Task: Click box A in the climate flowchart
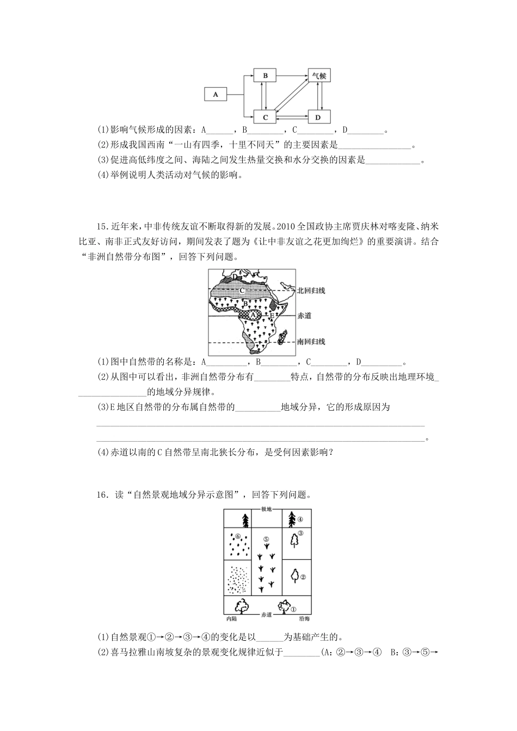click(216, 95)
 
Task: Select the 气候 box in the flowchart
click(319, 76)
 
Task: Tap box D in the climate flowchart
click(319, 116)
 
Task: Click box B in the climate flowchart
click(265, 76)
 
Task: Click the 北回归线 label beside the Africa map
click(311, 290)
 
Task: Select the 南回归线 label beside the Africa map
click(311, 342)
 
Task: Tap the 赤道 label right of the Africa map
click(304, 315)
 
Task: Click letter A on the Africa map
click(253, 314)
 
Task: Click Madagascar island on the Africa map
click(281, 340)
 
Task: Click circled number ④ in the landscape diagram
click(300, 518)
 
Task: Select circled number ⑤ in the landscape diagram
click(266, 540)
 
